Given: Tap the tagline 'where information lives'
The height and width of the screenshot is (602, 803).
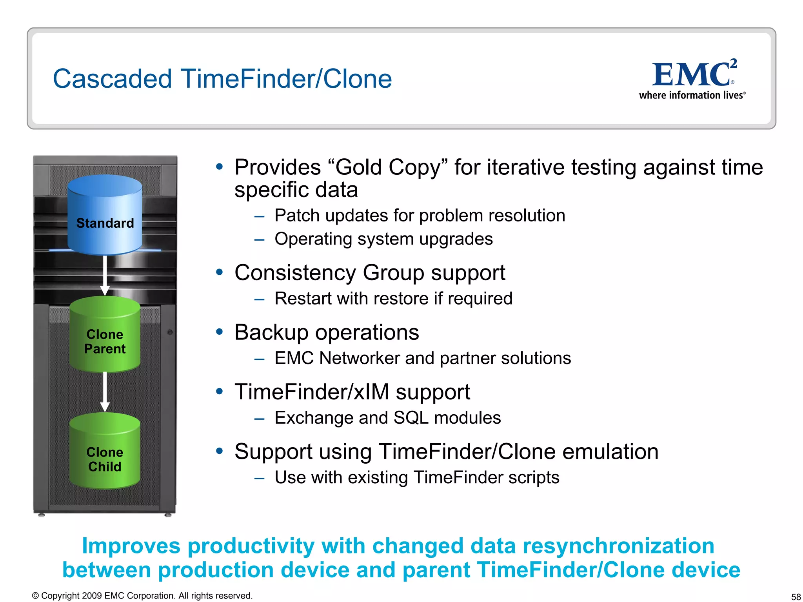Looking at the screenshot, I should [691, 95].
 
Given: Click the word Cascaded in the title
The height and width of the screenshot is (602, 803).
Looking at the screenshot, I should [112, 79].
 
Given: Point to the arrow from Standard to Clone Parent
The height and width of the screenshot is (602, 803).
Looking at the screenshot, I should [105, 274].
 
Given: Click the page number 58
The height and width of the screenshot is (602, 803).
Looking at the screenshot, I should [796, 597].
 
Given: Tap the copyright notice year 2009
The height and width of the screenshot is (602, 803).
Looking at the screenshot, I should [92, 596].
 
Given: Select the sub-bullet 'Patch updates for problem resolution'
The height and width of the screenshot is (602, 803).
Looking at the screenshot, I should [420, 216].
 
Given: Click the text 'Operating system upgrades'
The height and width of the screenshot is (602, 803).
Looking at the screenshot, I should [383, 239].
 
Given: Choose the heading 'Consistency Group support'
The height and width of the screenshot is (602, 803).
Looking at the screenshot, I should [369, 273].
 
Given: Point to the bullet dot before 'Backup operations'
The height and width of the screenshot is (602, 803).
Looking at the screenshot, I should [220, 332].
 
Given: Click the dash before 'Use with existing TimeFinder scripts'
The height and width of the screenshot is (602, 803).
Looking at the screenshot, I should [259, 478].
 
